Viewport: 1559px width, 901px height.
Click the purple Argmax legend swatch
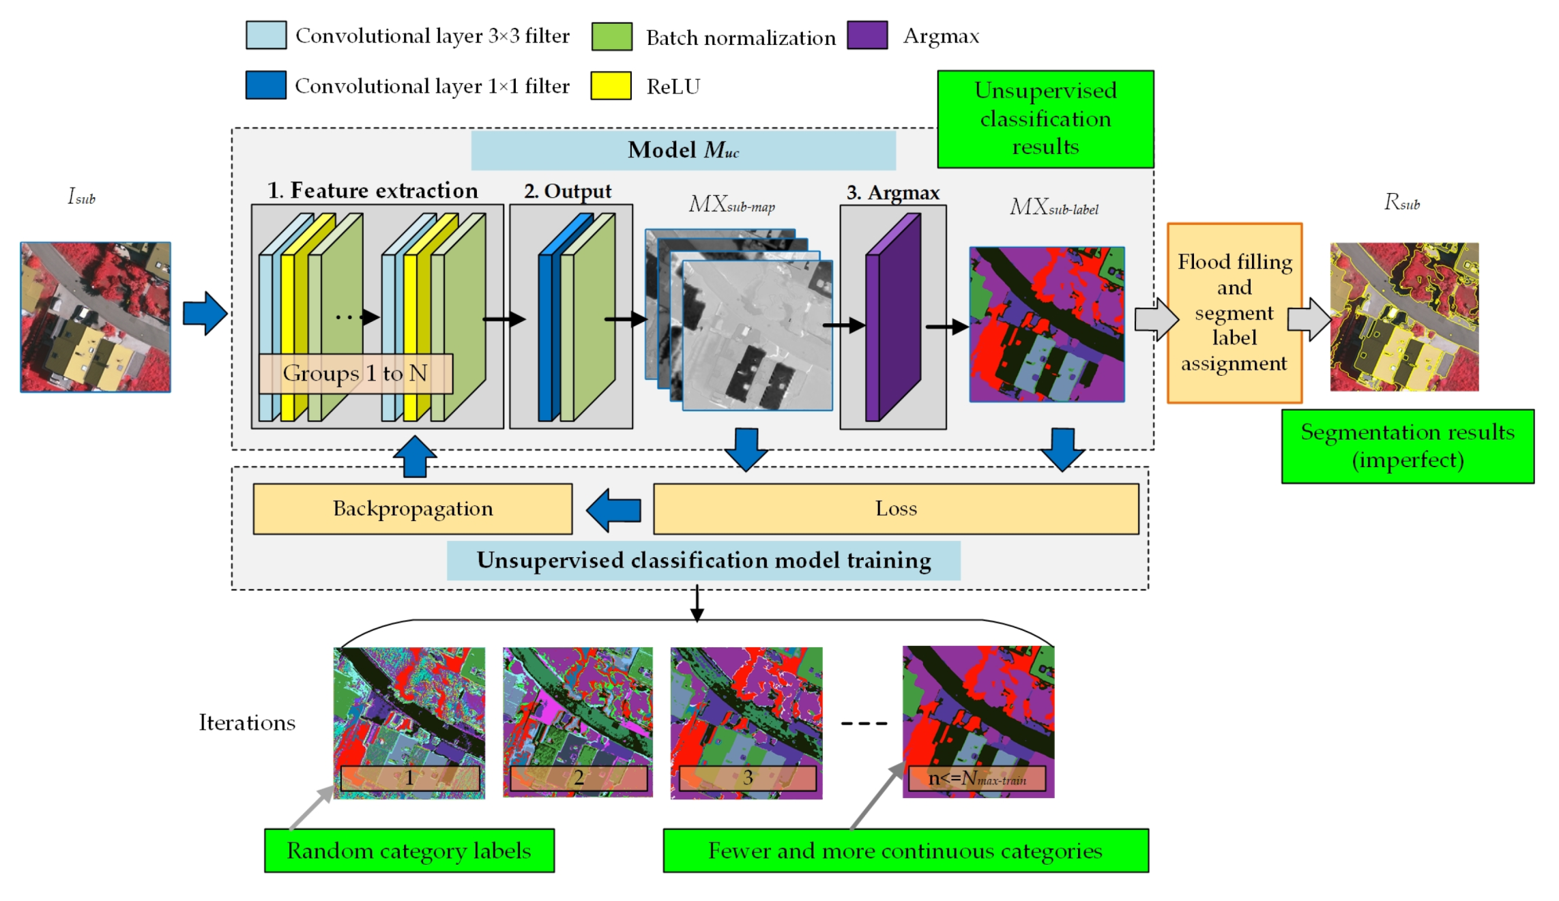[x=866, y=35]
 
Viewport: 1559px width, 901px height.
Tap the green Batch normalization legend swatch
[x=611, y=36]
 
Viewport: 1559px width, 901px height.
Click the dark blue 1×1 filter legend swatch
[x=265, y=85]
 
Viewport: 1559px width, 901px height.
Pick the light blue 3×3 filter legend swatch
[x=265, y=35]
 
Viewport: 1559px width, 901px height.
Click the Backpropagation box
[x=412, y=509]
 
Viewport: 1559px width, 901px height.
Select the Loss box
[x=895, y=509]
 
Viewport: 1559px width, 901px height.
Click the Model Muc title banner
[x=683, y=150]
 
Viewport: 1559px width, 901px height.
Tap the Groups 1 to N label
[x=355, y=374]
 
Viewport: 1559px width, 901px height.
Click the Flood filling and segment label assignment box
[x=1234, y=313]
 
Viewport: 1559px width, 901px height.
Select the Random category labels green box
[x=409, y=851]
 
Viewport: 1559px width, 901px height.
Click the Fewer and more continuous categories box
[x=905, y=851]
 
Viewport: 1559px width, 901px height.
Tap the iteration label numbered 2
[x=578, y=778]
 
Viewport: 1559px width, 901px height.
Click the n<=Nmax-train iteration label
[x=976, y=778]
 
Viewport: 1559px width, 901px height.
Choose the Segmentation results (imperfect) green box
[x=1407, y=446]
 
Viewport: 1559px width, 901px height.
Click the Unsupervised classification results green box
[x=1045, y=119]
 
